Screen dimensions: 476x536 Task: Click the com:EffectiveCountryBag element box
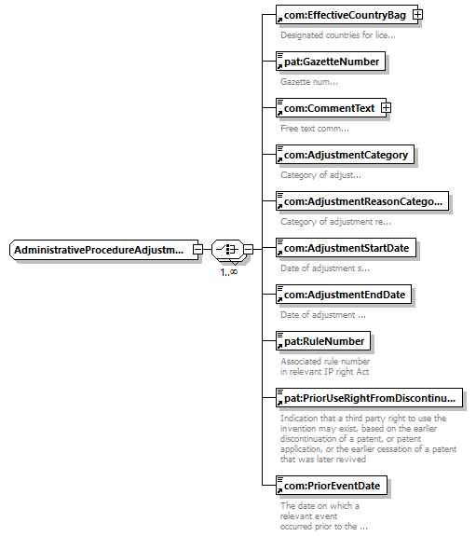tap(347, 15)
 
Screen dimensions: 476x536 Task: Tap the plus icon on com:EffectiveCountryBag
tap(417, 15)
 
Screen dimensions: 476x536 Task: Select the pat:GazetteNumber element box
tap(331, 62)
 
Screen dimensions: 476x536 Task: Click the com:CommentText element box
tap(331, 108)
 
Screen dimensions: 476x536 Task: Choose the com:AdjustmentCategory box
tap(346, 155)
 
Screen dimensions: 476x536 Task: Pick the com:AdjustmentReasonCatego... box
tap(362, 201)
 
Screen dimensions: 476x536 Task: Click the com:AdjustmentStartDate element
tap(346, 248)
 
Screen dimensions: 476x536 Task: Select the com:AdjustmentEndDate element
tap(344, 295)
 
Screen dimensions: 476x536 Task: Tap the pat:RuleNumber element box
tap(323, 341)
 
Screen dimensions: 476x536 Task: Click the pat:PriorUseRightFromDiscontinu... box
tap(369, 398)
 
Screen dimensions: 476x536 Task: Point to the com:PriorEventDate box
tap(332, 486)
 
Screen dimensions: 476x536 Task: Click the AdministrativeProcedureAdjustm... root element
tap(104, 250)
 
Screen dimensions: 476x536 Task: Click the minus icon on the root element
tap(197, 250)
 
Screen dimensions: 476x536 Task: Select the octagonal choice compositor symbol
tap(227, 250)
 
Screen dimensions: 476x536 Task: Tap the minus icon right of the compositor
tap(249, 250)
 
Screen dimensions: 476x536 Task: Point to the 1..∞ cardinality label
tap(228, 272)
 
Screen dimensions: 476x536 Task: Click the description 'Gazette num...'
tap(309, 82)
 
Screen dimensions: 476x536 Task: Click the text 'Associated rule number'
tap(325, 361)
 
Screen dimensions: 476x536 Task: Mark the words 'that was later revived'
tap(323, 459)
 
